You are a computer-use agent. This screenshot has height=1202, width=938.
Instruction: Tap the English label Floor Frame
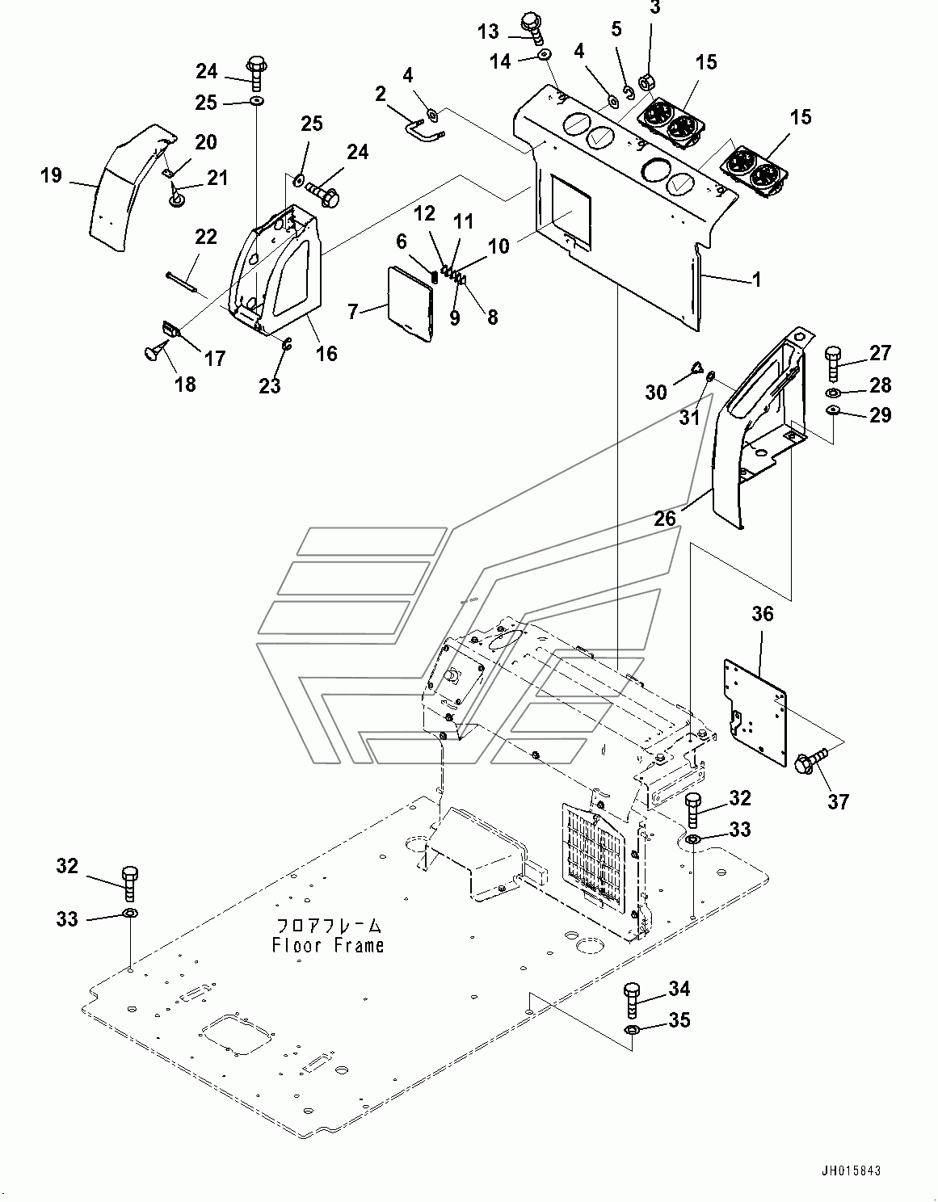click(327, 945)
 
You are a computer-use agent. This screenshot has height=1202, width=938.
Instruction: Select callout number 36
click(762, 613)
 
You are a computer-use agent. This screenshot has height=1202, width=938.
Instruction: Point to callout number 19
click(52, 175)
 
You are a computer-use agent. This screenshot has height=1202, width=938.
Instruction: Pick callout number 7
click(354, 312)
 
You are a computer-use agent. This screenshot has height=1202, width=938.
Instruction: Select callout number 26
click(665, 519)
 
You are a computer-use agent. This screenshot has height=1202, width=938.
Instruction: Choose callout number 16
click(326, 354)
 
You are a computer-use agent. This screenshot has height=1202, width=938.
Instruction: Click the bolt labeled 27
click(833, 363)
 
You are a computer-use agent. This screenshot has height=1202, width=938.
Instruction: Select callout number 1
click(756, 279)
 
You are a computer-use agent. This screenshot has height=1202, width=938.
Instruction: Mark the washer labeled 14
click(545, 54)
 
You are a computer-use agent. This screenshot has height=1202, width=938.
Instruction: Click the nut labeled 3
click(646, 82)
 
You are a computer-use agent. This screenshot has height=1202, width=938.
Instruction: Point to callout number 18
click(185, 384)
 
